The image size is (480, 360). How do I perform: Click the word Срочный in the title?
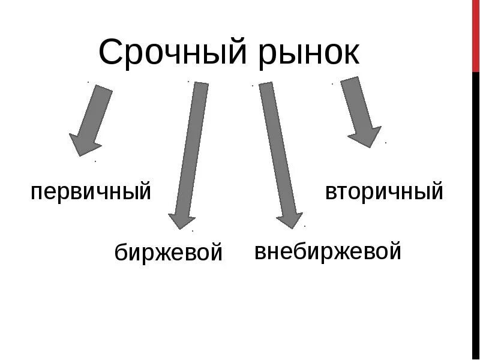pyautogui.click(x=172, y=52)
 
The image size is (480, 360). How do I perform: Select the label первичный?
pyautogui.click(x=91, y=193)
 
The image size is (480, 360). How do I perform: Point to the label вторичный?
pyautogui.click(x=384, y=192)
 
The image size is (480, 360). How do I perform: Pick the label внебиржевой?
pyautogui.click(x=328, y=251)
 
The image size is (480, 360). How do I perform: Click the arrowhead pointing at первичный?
pyautogui.click(x=84, y=145)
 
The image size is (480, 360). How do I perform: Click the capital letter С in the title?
pyautogui.click(x=111, y=52)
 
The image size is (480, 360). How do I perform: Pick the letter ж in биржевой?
pyautogui.click(x=164, y=252)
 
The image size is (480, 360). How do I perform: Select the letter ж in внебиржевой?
pyautogui.click(x=337, y=251)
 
